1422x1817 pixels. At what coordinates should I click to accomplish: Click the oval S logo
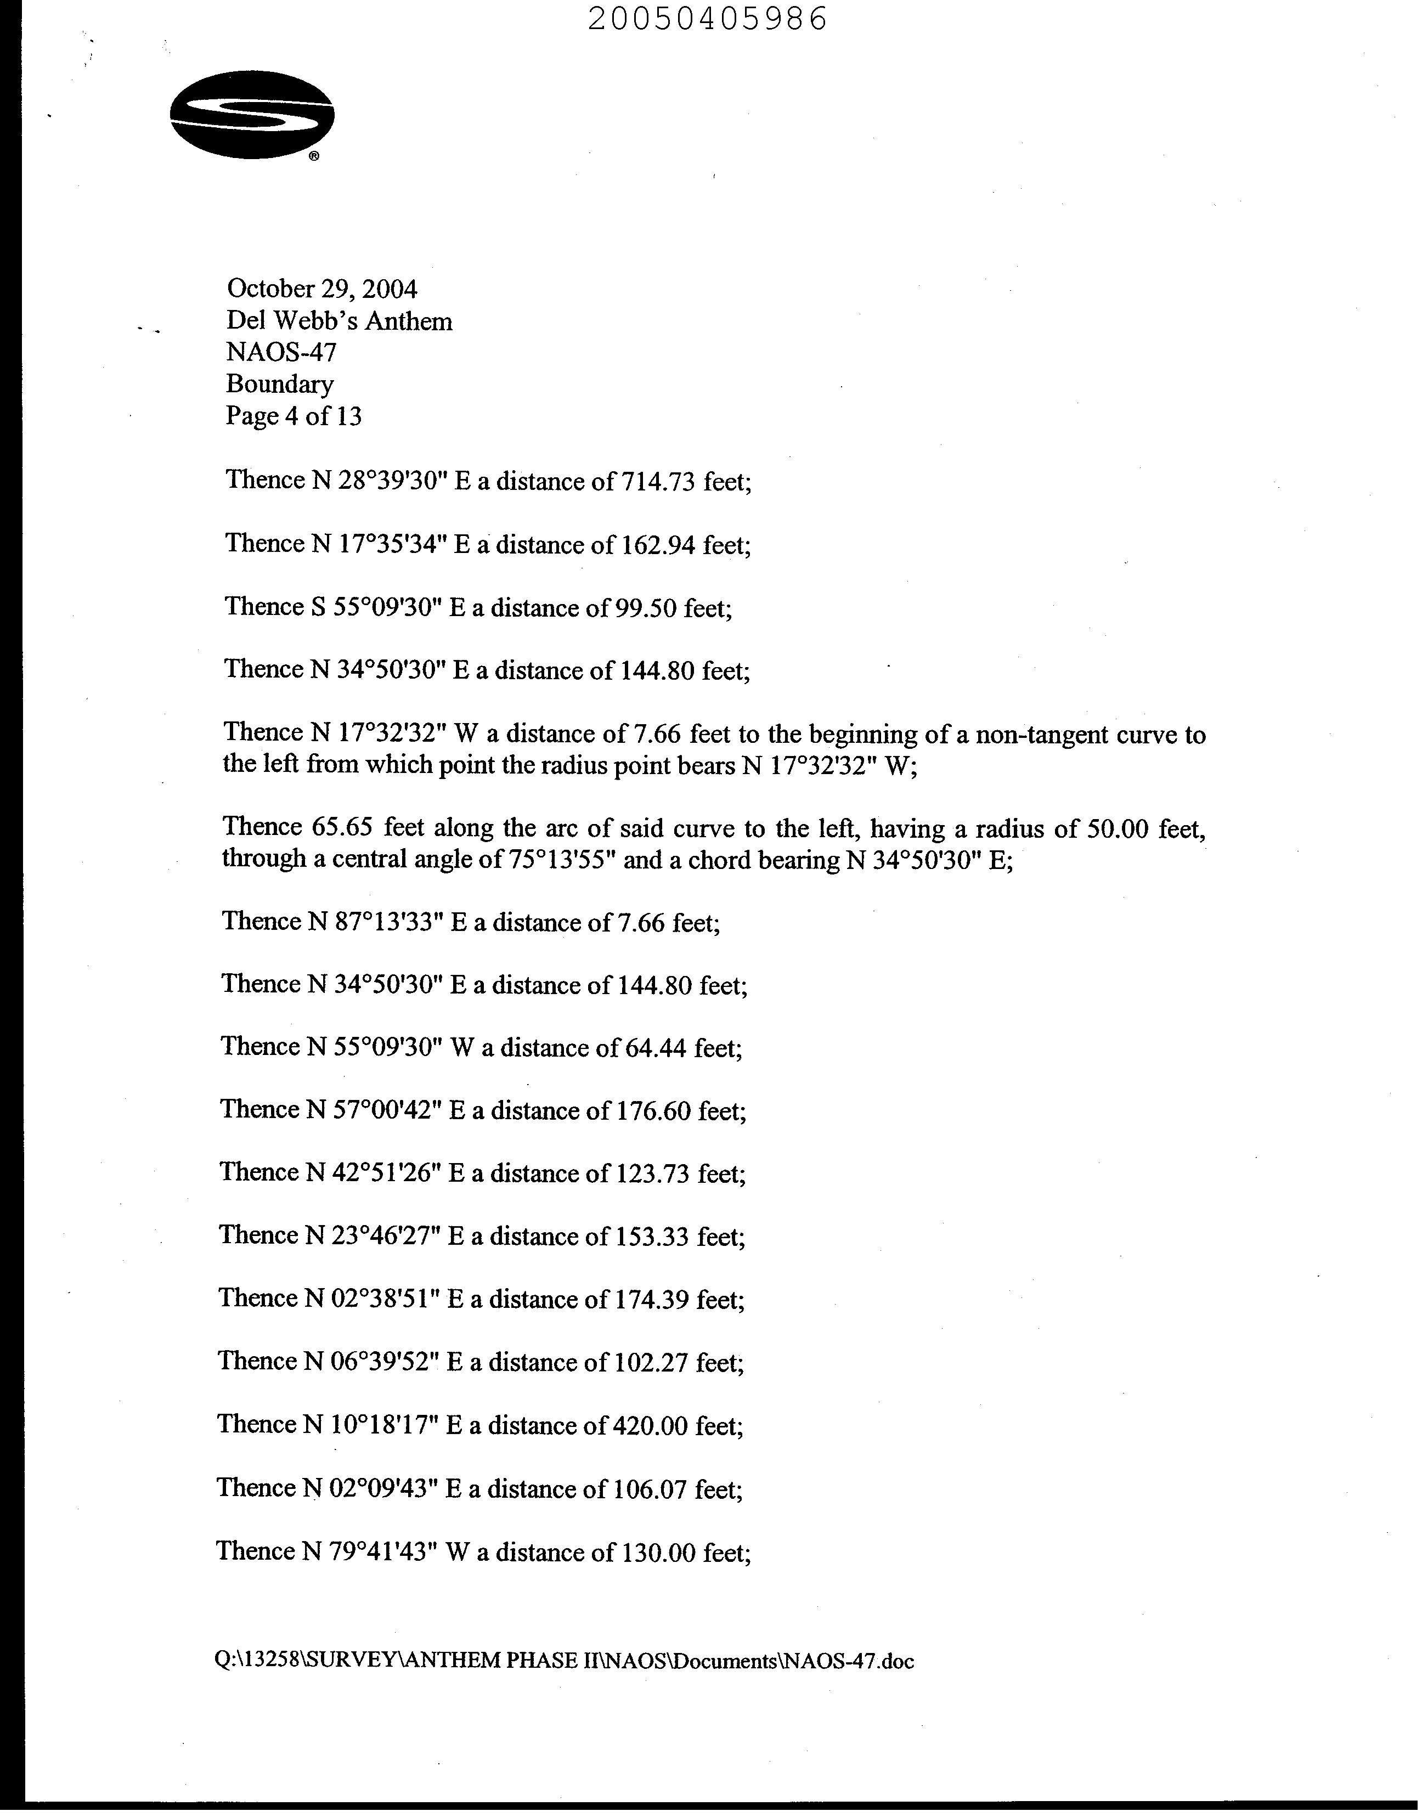251,114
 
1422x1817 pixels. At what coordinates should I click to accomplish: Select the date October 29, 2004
321,289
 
